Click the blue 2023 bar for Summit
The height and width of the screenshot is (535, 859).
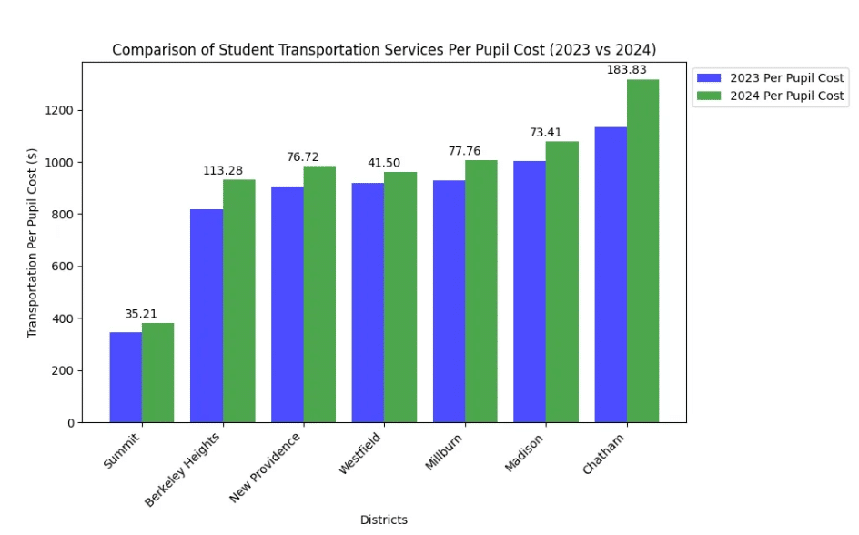click(x=126, y=378)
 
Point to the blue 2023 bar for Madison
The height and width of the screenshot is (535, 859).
click(x=530, y=292)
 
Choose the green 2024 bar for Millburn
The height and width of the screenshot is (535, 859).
click(x=481, y=291)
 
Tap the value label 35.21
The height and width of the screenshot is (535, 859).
click(x=142, y=314)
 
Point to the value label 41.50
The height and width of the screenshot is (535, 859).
click(x=384, y=163)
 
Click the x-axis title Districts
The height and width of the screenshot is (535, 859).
click(x=383, y=520)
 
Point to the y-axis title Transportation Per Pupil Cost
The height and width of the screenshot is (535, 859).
click(x=33, y=242)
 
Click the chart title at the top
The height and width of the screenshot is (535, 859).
click(x=383, y=49)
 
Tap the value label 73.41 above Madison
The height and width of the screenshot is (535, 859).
click(x=546, y=133)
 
